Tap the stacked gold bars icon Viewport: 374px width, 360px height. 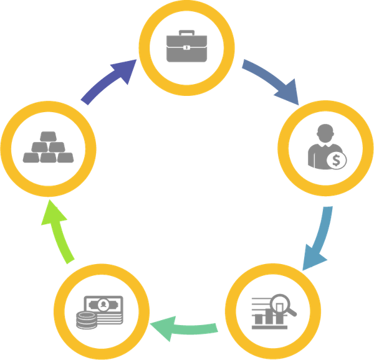[x=47, y=148]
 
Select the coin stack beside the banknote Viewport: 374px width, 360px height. [x=86, y=319]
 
